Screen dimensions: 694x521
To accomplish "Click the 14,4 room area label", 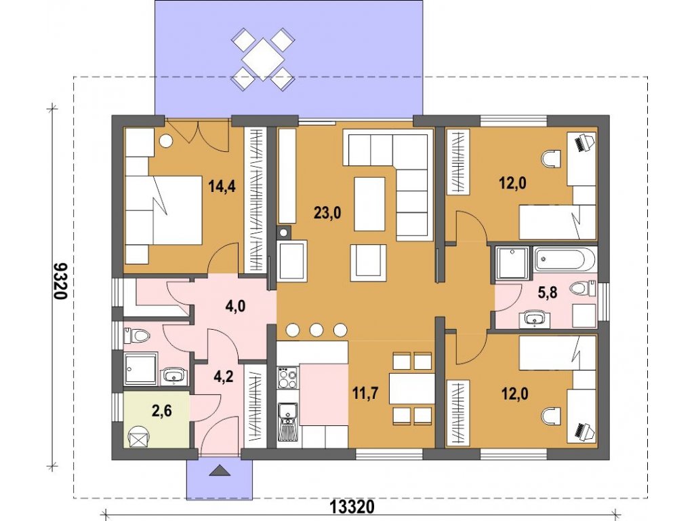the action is pyautogui.click(x=222, y=187).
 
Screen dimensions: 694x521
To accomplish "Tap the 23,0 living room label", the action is pyautogui.click(x=327, y=213).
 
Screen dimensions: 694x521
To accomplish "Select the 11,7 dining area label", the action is pyautogui.click(x=365, y=393).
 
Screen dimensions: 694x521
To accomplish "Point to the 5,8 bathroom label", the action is pyautogui.click(x=548, y=293).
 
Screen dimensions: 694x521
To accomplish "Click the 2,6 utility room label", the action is pyautogui.click(x=161, y=410).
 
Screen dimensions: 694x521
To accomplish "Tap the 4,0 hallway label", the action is pyautogui.click(x=235, y=306).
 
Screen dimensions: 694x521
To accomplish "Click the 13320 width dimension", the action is pyautogui.click(x=352, y=506).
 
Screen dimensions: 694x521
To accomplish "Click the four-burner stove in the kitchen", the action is pyautogui.click(x=288, y=378).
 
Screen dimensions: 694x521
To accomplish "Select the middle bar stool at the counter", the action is pyautogui.click(x=316, y=330).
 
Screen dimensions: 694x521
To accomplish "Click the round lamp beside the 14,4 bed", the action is pyautogui.click(x=166, y=140).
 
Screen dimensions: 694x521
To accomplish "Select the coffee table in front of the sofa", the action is pyautogui.click(x=369, y=204).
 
